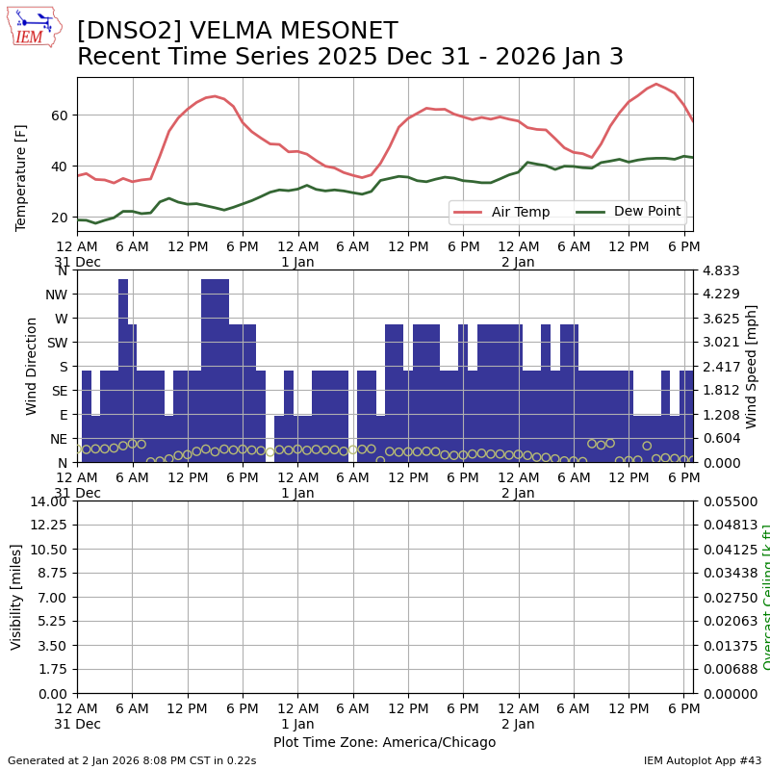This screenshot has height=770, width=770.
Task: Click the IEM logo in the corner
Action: click(34, 26)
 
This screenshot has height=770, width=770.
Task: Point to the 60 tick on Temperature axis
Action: click(60, 115)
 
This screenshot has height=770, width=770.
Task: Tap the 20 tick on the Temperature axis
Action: click(60, 218)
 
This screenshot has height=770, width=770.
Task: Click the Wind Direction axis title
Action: click(32, 366)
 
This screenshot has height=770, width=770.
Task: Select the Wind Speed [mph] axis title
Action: click(752, 366)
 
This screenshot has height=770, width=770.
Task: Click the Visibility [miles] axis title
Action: click(16, 597)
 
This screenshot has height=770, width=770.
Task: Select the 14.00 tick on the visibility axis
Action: click(50, 501)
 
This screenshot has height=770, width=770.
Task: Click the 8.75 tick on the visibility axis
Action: click(54, 598)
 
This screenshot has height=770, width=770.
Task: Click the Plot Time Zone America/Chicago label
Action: click(384, 742)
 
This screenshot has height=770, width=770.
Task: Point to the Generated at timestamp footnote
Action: click(132, 760)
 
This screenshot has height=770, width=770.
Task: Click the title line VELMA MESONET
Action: click(237, 31)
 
